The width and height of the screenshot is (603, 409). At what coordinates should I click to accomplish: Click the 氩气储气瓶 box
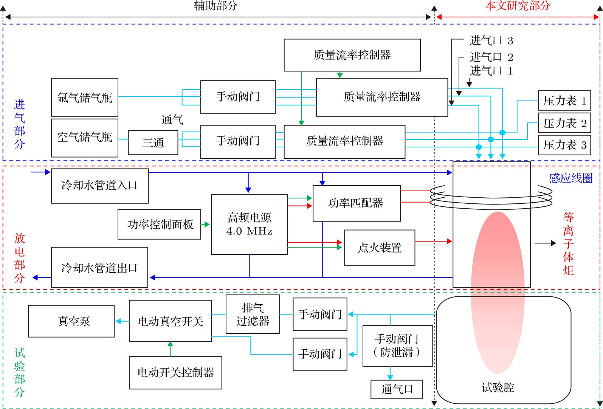[85, 97]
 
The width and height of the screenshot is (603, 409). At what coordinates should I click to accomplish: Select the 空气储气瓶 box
[85, 138]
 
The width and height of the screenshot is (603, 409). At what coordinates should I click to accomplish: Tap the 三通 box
[153, 143]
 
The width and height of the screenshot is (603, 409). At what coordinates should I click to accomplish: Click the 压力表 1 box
[564, 101]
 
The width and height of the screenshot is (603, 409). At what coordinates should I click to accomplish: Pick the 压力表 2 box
[564, 123]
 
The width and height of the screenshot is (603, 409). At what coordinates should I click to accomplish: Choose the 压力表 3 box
[564, 145]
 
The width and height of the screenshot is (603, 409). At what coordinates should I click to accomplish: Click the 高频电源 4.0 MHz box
[249, 224]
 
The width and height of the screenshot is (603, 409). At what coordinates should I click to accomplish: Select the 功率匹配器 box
[357, 203]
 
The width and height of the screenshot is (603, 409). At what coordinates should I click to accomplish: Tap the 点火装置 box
[380, 248]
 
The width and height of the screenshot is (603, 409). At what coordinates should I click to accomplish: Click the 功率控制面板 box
[160, 224]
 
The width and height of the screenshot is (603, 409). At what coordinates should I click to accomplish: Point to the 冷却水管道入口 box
[99, 186]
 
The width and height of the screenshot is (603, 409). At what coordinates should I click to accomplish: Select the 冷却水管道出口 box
[99, 268]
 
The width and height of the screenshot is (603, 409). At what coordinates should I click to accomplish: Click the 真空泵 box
[71, 321]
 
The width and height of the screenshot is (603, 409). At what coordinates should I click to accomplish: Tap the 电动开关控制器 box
[175, 373]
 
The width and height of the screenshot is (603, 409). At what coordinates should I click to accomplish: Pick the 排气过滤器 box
[253, 314]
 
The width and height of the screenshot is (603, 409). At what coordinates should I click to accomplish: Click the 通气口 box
[397, 389]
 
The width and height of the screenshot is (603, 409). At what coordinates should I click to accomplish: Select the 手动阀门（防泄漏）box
[398, 346]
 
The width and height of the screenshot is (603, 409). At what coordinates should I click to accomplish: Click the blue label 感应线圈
[571, 178]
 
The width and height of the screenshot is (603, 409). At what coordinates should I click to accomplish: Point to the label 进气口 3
[491, 40]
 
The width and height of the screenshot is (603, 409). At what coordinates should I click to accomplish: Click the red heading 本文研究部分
[518, 6]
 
